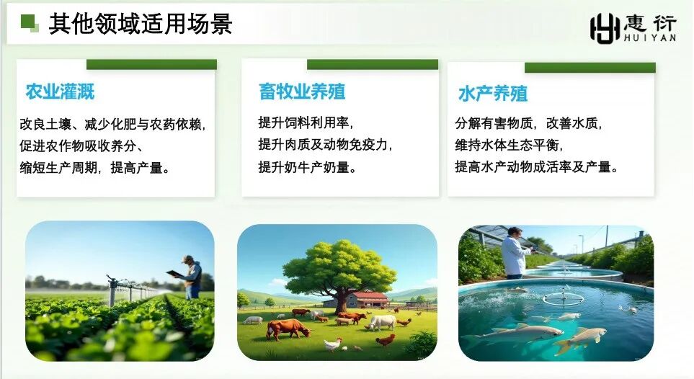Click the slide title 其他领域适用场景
click(141, 24)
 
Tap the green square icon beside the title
click(30, 23)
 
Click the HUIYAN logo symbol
click(605, 28)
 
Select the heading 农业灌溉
click(60, 92)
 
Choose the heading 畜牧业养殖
click(302, 92)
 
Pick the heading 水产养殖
click(493, 94)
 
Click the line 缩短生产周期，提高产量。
click(94, 168)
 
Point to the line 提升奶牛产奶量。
click(308, 167)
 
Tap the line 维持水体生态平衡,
click(508, 145)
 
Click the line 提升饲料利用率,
click(306, 122)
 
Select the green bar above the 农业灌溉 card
click(151, 64)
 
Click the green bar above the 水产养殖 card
click(590, 68)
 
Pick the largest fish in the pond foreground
click(514, 334)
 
